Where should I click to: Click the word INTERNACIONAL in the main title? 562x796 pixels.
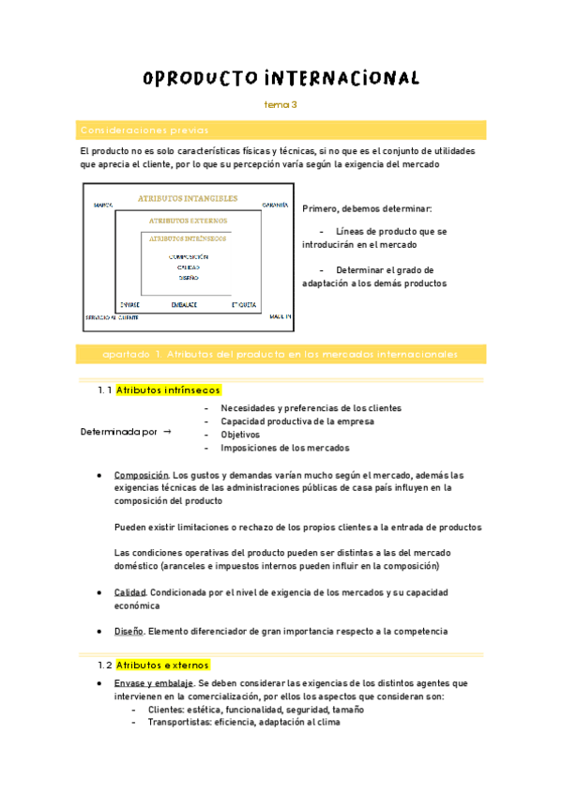tap(342, 78)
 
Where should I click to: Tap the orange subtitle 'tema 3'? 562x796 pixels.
tap(281, 105)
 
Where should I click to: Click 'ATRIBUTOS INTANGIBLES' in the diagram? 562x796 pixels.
tap(188, 199)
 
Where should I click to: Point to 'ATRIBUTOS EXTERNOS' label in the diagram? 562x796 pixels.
tap(188, 221)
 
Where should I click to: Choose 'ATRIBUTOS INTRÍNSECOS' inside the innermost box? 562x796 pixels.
tap(188, 238)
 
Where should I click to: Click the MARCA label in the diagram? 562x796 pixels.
tap(104, 204)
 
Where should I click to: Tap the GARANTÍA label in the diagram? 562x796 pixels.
tap(275, 204)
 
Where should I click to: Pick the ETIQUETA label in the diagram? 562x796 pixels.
tap(243, 305)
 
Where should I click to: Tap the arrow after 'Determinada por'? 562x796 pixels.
tap(167, 432)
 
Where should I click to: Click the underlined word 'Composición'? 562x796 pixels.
tap(141, 475)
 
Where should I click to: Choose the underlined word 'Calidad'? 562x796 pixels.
tap(129, 593)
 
